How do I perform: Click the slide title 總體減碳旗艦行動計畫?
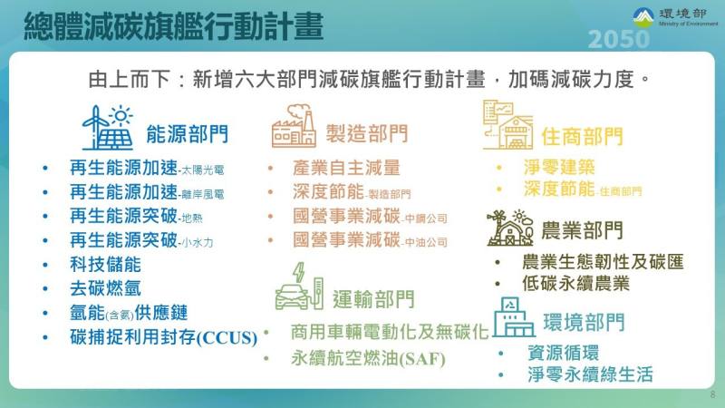tap(172, 26)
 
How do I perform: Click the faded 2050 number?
tap(618, 41)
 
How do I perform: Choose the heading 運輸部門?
tap(373, 298)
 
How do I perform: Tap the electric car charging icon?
tap(300, 287)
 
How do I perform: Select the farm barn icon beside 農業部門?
tap(509, 227)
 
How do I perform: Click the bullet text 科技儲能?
tap(105, 266)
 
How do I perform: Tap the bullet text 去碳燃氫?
tap(105, 289)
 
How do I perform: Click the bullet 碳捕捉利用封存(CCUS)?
tap(163, 337)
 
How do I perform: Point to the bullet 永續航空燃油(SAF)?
tap(368, 357)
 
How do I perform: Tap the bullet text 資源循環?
tap(562, 352)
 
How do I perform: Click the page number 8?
tap(712, 395)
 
